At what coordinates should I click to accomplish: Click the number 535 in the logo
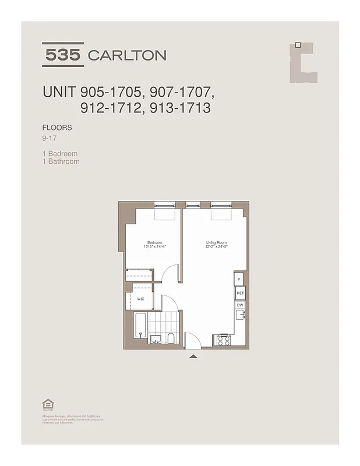pyautogui.click(x=63, y=55)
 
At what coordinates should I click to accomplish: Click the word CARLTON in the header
pyautogui.click(x=126, y=56)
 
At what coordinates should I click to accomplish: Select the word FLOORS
pyautogui.click(x=57, y=127)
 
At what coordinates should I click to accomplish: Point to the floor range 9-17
pyautogui.click(x=51, y=139)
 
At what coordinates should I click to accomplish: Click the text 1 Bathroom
pyautogui.click(x=61, y=161)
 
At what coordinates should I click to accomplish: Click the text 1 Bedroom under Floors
pyautogui.click(x=60, y=154)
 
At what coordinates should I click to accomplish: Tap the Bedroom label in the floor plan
pyautogui.click(x=154, y=243)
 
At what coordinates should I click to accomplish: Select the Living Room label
pyautogui.click(x=216, y=243)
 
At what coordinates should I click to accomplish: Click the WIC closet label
pyautogui.click(x=140, y=299)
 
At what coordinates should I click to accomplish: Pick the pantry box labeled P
pyautogui.click(x=239, y=280)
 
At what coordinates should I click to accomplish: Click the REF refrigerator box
pyautogui.click(x=240, y=294)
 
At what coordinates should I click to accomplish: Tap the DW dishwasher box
pyautogui.click(x=239, y=305)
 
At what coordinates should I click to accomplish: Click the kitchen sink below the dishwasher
pyautogui.click(x=239, y=316)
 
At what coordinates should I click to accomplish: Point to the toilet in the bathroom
pyautogui.click(x=170, y=338)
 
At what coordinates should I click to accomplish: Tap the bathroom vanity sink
pyautogui.click(x=155, y=339)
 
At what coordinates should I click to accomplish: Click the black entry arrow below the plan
pyautogui.click(x=193, y=355)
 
